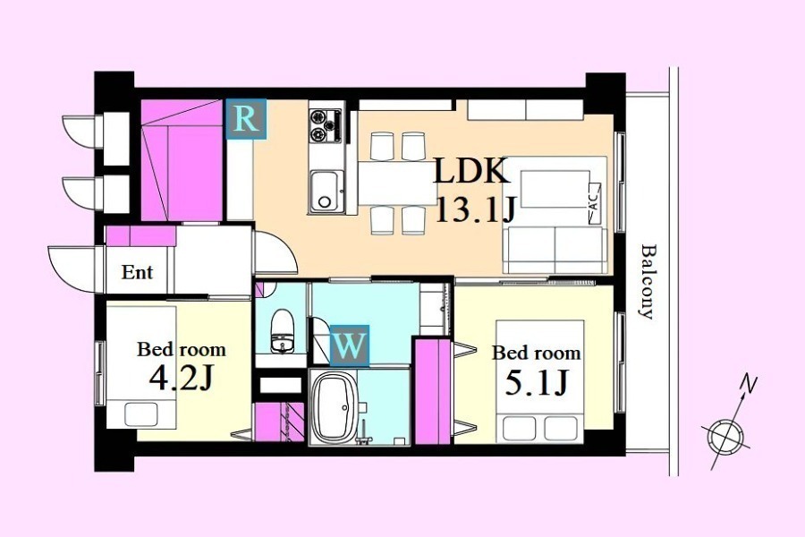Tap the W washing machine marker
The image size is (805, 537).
(349, 345)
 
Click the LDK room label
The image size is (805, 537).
(471, 171)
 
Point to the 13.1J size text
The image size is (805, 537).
(475, 209)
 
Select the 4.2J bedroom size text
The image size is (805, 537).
(181, 379)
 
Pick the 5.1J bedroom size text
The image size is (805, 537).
(537, 382)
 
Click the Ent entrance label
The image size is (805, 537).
(137, 272)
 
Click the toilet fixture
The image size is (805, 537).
(282, 331)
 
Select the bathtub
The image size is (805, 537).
(335, 407)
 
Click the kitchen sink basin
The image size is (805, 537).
(325, 190)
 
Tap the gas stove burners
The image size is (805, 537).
(326, 125)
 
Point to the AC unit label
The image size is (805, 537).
(595, 203)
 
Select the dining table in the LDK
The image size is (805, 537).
(397, 183)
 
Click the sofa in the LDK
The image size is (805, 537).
(555, 250)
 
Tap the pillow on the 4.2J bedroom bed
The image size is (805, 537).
(141, 414)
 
